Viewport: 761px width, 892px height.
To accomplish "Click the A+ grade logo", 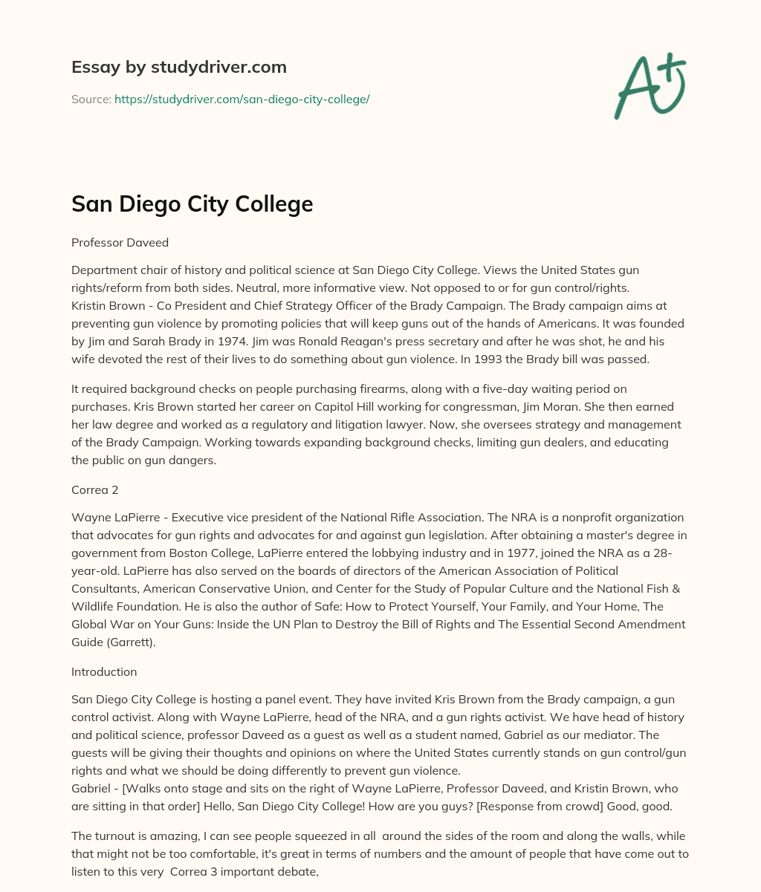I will (650, 86).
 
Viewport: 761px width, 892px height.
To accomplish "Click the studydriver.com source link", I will (242, 99).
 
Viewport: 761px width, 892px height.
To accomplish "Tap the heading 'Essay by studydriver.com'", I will (179, 67).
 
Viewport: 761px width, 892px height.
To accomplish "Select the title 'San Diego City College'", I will (192, 204).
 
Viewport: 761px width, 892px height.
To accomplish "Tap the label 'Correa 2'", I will (95, 490).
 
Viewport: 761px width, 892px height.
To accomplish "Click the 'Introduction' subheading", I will (104, 671).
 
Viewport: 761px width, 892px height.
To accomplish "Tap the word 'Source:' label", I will (91, 99).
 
